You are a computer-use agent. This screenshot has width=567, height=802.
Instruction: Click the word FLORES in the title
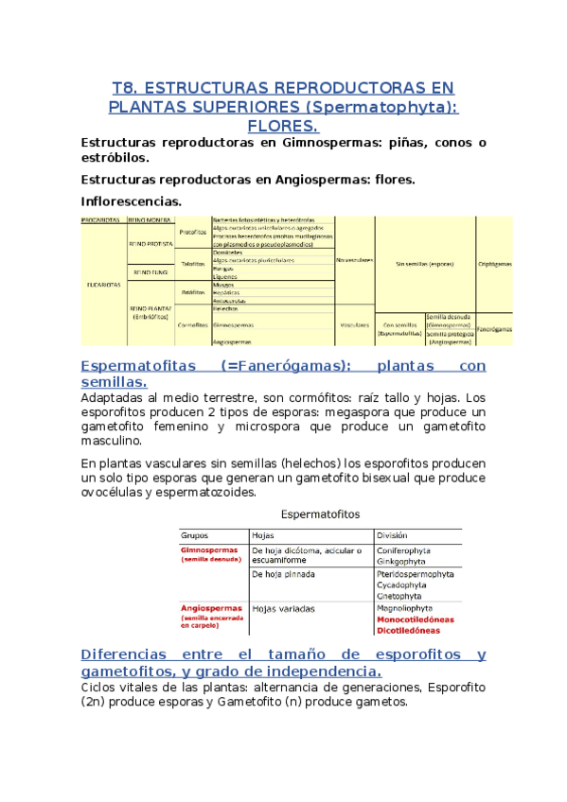tap(282, 127)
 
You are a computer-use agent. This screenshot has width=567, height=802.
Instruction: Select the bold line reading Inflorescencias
tap(132, 201)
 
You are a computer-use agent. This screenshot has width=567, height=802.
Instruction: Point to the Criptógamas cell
tap(494, 264)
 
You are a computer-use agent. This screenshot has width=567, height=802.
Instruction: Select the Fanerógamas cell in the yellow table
tap(494, 329)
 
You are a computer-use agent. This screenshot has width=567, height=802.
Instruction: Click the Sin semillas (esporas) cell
tap(426, 263)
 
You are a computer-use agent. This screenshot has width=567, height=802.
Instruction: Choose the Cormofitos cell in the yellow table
tap(192, 323)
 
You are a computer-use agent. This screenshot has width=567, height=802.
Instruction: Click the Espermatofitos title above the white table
tap(322, 514)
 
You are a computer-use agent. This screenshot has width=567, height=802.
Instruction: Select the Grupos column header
tap(197, 534)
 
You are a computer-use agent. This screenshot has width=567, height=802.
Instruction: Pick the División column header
tap(395, 534)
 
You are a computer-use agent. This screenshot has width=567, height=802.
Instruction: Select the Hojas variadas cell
tap(284, 609)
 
